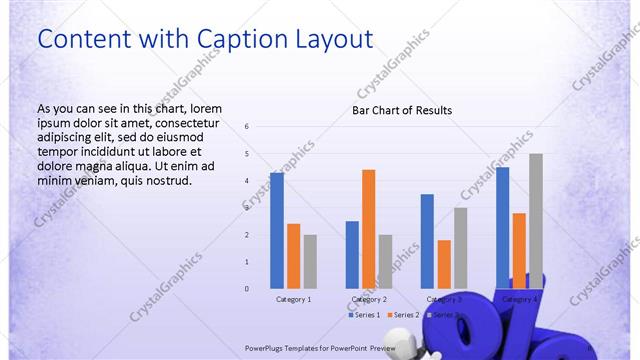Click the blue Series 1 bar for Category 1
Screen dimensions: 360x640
pos(277,230)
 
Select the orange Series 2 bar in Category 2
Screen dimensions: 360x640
pos(369,229)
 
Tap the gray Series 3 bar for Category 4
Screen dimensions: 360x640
pos(536,220)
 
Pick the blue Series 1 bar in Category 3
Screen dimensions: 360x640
pos(427,241)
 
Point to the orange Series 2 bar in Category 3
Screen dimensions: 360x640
pos(444,264)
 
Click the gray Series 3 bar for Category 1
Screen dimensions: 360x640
pos(310,261)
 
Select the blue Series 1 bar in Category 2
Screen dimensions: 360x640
pos(352,254)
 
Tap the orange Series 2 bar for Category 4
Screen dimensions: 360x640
pos(519,250)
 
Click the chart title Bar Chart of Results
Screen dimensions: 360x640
pos(402,110)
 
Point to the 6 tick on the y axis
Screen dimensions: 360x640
pos(247,127)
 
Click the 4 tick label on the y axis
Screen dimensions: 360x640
pos(247,181)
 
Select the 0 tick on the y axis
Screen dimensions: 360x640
pos(247,289)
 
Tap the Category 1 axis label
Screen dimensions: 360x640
pos(294,299)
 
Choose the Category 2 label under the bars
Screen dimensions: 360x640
pos(369,299)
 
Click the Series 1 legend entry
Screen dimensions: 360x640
pos(365,315)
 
